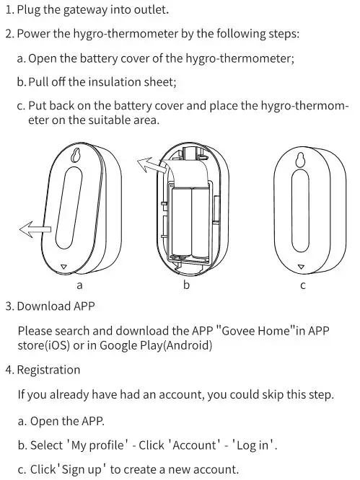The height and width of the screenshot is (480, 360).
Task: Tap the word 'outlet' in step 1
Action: (150, 10)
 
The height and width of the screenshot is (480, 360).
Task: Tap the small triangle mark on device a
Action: (65, 266)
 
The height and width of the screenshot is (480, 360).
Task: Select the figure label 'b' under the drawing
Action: (186, 285)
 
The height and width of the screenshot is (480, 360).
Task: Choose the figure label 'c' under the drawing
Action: (302, 285)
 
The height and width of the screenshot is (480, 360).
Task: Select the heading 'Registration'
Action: (48, 370)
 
